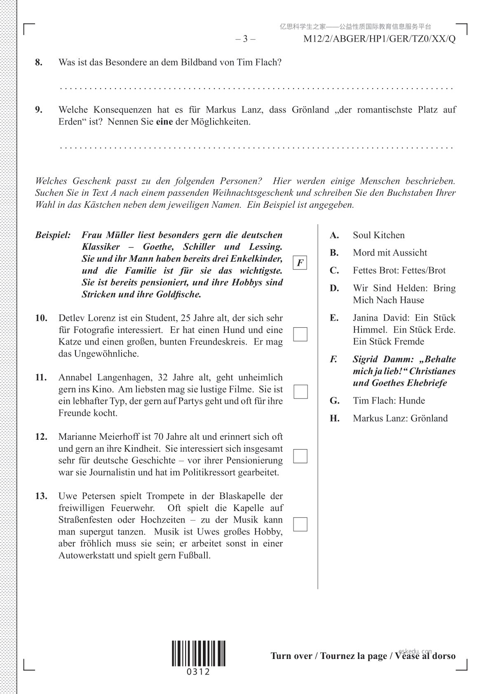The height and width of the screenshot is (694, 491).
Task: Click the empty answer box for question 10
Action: tap(300, 334)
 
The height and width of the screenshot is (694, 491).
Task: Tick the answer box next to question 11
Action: tap(301, 392)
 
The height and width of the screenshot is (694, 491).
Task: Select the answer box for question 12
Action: tap(300, 456)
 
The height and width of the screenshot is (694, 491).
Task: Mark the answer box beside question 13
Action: tap(300, 524)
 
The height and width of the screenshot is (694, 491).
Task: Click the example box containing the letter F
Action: tap(300, 263)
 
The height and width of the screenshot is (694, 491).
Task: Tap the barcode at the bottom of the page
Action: tap(199, 653)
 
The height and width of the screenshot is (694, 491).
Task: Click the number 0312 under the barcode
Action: tap(198, 672)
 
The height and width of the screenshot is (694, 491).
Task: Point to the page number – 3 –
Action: tap(245, 39)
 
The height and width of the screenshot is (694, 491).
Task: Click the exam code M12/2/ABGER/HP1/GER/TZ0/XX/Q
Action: tap(379, 39)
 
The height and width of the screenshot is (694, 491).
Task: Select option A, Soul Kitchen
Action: tap(378, 235)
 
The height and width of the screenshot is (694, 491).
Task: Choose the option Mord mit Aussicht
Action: tap(390, 253)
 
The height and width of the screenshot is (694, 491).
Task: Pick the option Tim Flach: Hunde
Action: tap(388, 401)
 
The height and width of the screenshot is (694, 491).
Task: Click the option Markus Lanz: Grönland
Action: tap(400, 418)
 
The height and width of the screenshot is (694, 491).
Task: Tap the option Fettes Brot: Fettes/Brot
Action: tap(399, 271)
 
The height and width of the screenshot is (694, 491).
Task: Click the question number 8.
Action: tap(39, 63)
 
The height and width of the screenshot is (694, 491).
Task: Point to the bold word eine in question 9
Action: tap(164, 122)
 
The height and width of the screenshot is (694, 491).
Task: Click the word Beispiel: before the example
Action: tap(53, 235)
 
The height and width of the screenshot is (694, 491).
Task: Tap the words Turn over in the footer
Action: tap(291, 656)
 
